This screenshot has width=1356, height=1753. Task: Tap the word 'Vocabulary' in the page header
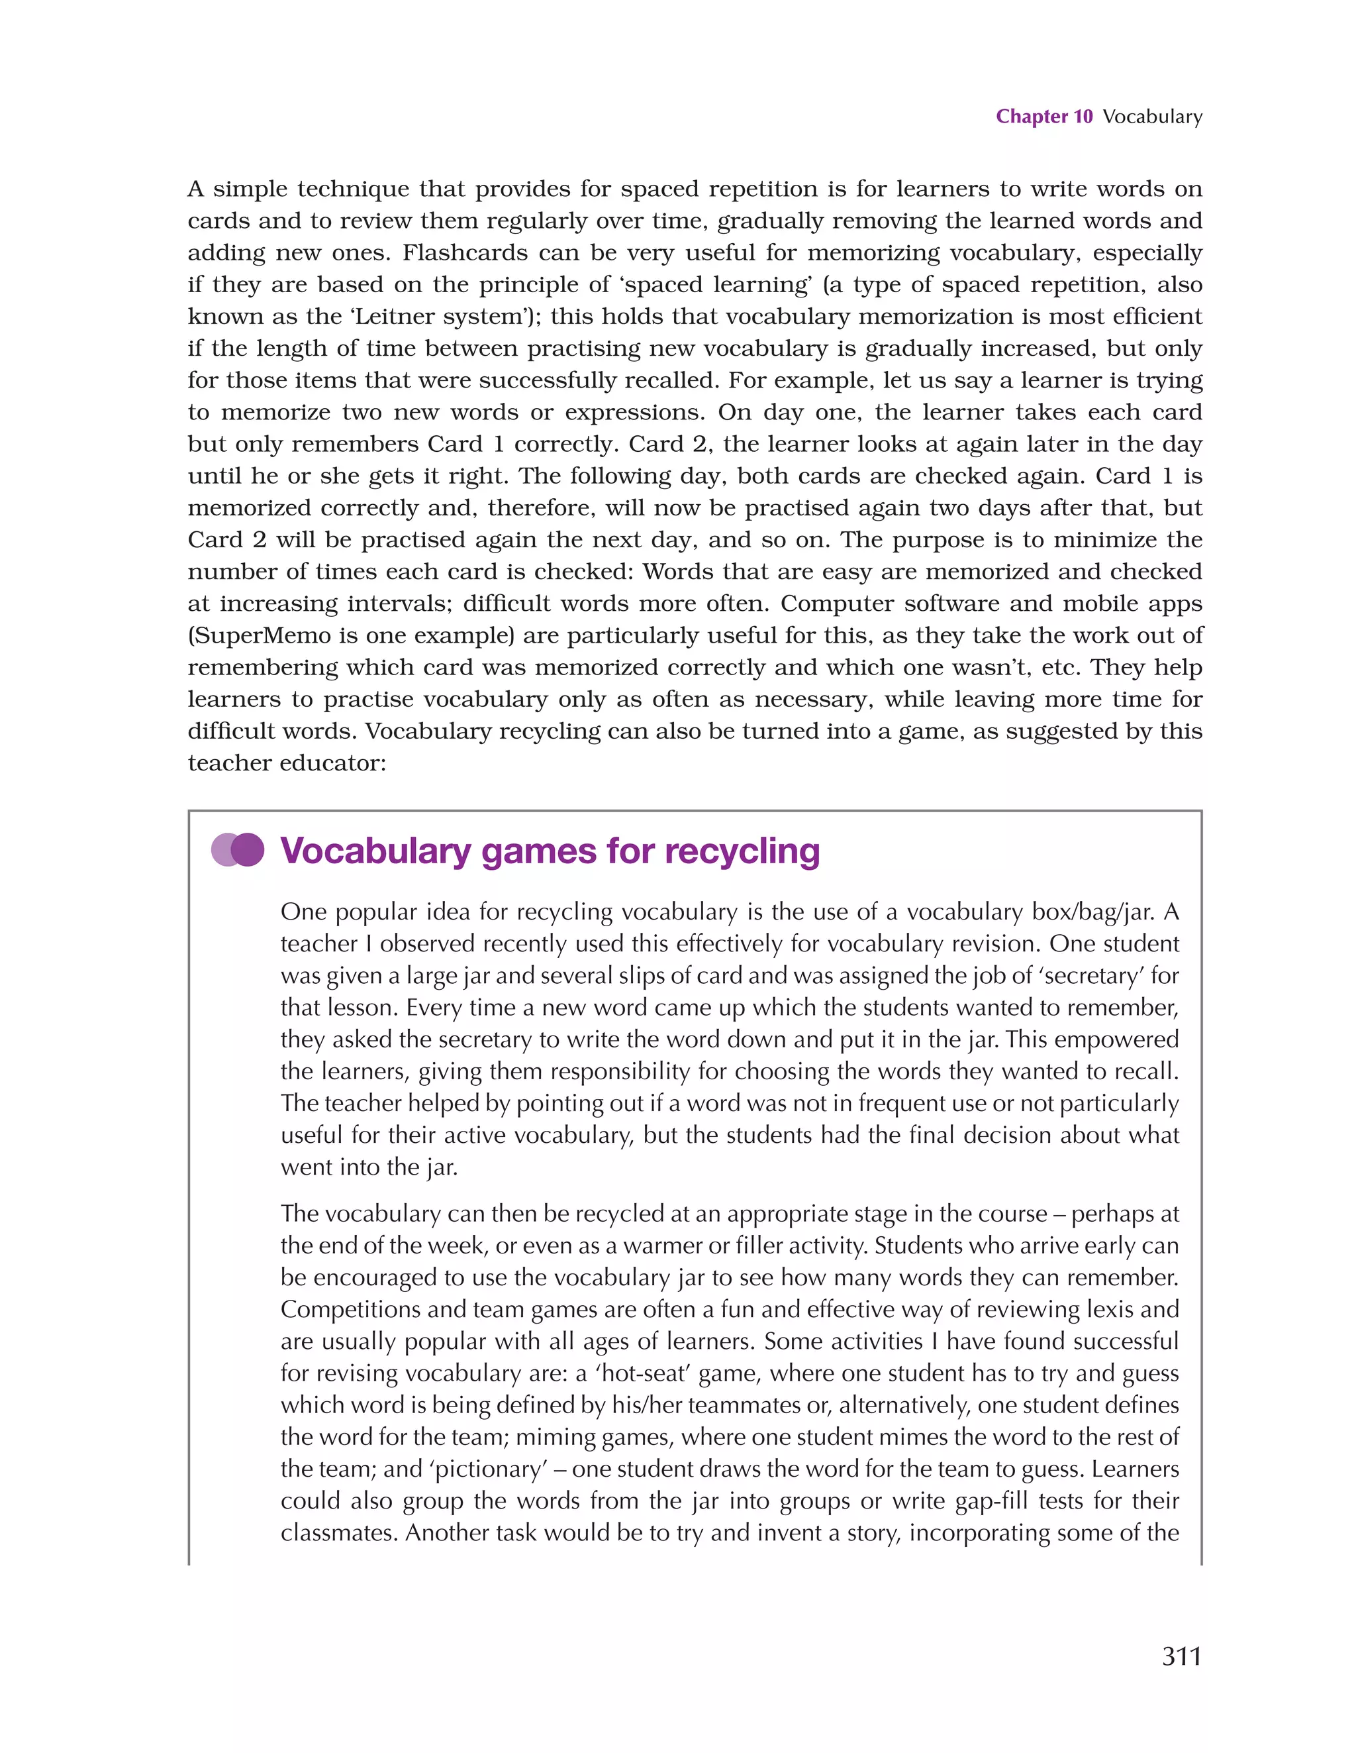[x=1152, y=117]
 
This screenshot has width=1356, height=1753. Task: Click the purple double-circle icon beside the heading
[x=238, y=850]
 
